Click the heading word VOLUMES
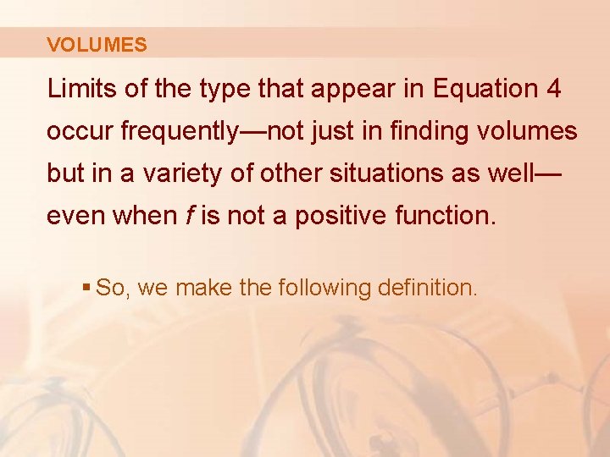[97, 45]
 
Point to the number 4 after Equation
[554, 89]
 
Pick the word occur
[80, 132]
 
